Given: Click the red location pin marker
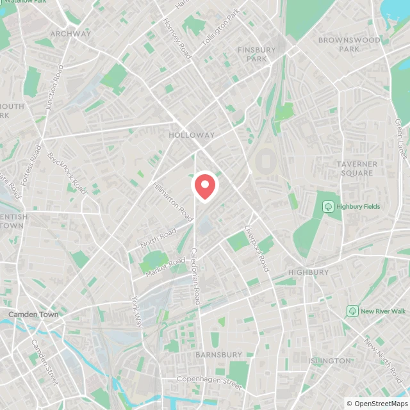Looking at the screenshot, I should [x=205, y=186].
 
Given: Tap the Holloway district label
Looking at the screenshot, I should [x=192, y=135].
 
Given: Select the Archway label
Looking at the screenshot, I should [x=70, y=33].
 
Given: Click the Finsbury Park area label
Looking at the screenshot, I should [x=256, y=54].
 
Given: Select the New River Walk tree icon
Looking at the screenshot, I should [x=352, y=311].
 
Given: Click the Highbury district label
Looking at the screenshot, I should [x=308, y=272].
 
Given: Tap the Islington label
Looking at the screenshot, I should [x=329, y=361].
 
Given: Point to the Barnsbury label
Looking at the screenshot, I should [x=218, y=354].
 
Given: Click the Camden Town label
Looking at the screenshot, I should [x=33, y=315].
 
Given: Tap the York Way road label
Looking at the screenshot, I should [x=137, y=311].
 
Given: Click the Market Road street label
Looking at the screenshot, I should [x=165, y=264].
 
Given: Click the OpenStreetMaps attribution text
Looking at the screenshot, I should [x=377, y=404].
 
